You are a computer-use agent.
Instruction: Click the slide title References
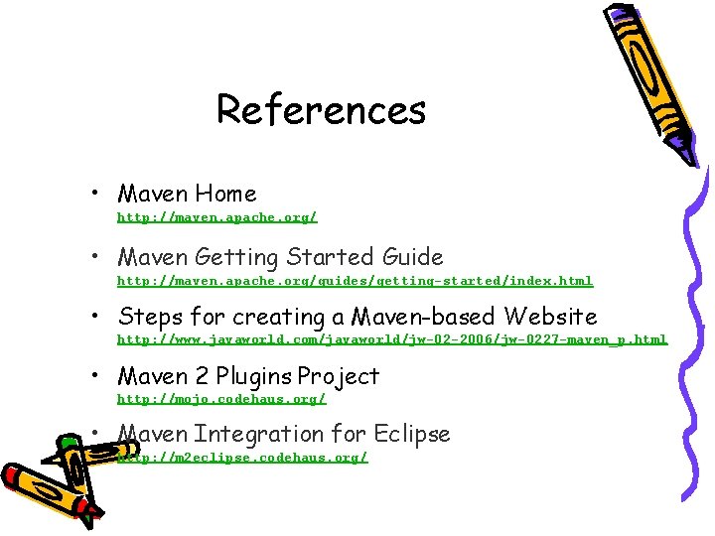(321, 109)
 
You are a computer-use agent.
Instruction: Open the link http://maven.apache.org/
(217, 215)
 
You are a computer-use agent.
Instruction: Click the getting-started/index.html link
(355, 281)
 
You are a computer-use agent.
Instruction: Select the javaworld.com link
(392, 339)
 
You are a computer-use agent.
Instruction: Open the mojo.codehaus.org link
(221, 399)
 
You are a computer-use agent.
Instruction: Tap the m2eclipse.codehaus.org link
(242, 458)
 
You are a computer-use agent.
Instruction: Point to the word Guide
(410, 257)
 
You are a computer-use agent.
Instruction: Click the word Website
(550, 317)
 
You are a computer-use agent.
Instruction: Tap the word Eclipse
(411, 434)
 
